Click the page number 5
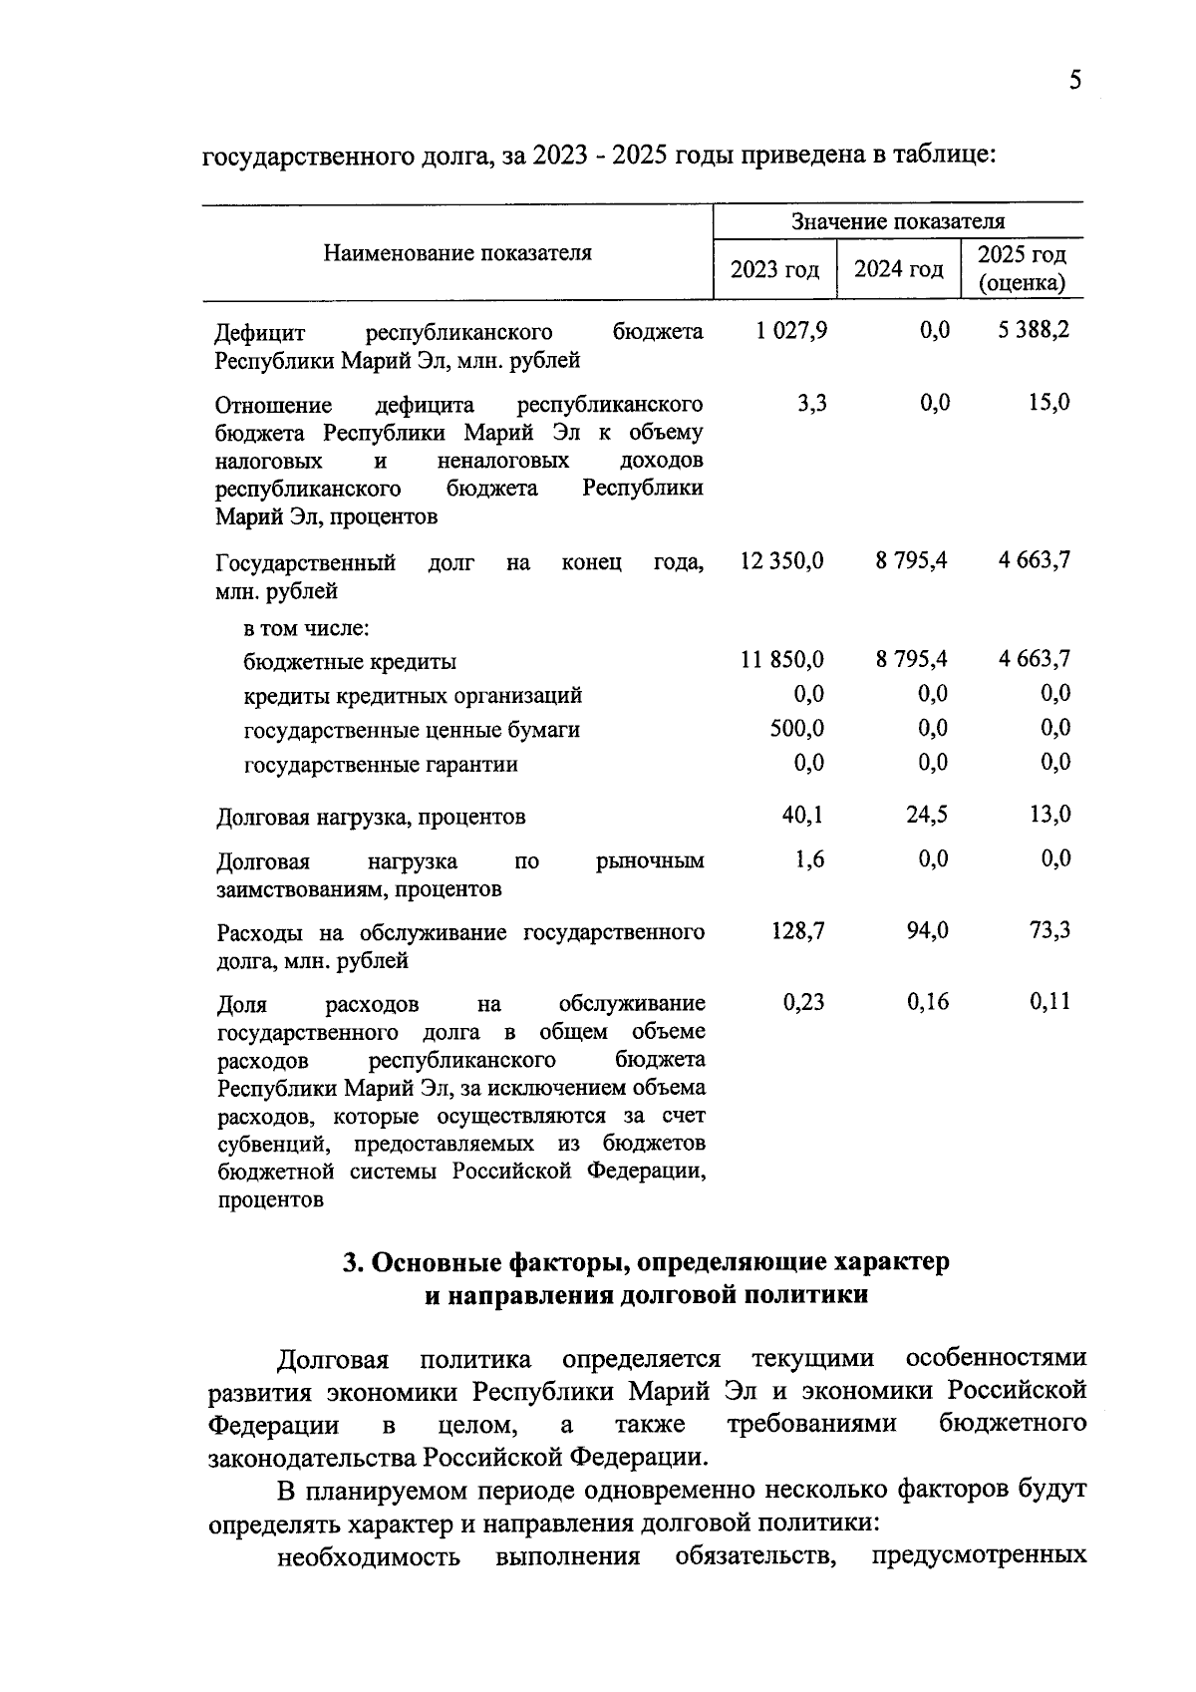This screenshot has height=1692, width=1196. pyautogui.click(x=1074, y=81)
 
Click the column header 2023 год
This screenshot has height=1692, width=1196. pyautogui.click(x=774, y=270)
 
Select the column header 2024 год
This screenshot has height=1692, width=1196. pyautogui.click(x=899, y=270)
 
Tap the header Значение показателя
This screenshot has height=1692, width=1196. pyautogui.click(x=898, y=221)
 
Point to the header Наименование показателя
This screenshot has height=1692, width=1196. pyautogui.click(x=457, y=253)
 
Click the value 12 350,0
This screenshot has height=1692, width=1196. pyautogui.click(x=782, y=560)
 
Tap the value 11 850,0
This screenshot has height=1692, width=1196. pyautogui.click(x=782, y=659)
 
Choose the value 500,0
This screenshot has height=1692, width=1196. pyautogui.click(x=797, y=728)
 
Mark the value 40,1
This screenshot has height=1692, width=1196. pyautogui.click(x=802, y=815)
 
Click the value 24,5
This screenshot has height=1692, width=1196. pyautogui.click(x=927, y=815)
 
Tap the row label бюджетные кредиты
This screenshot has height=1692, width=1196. pyautogui.click(x=350, y=662)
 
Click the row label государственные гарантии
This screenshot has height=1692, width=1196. pyautogui.click(x=381, y=765)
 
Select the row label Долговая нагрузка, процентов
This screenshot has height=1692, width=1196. pyautogui.click(x=371, y=818)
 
